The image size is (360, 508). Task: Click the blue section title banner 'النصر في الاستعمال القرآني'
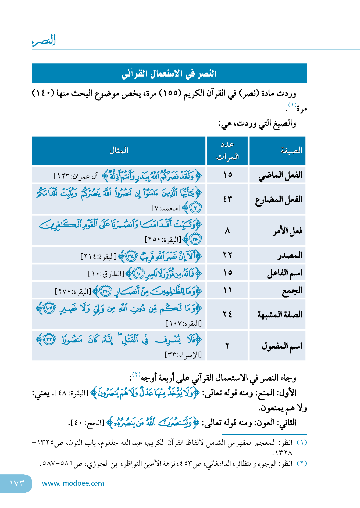click(x=169, y=73)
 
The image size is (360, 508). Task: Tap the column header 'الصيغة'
click(x=291, y=151)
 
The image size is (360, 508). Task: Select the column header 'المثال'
click(x=119, y=151)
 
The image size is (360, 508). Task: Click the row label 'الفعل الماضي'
click(x=280, y=175)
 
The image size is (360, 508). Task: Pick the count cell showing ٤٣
click(x=227, y=199)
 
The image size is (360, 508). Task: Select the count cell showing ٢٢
click(x=227, y=255)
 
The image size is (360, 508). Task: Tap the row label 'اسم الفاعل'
click(x=284, y=273)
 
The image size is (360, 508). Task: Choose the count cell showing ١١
click(x=227, y=290)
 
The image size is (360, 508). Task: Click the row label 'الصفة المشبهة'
click(x=280, y=314)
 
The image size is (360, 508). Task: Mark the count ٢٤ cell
click(x=227, y=314)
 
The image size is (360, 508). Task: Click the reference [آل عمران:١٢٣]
click(x=77, y=176)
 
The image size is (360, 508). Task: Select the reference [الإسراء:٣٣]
click(x=183, y=355)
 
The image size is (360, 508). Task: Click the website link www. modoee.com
click(x=73, y=483)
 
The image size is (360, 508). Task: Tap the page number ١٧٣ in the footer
click(x=17, y=483)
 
